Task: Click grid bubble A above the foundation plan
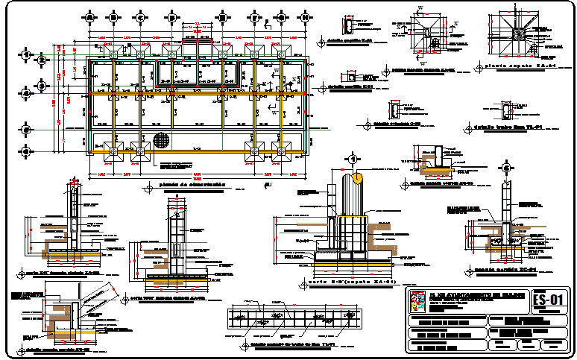(90, 16)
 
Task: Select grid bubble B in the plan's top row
(113, 16)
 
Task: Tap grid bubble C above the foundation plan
(140, 16)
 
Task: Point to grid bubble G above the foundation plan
(282, 16)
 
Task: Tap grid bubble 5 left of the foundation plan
(27, 128)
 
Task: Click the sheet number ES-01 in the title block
(549, 300)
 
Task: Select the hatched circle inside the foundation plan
(160, 139)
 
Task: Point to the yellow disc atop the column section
(358, 177)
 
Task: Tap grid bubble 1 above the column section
(350, 159)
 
